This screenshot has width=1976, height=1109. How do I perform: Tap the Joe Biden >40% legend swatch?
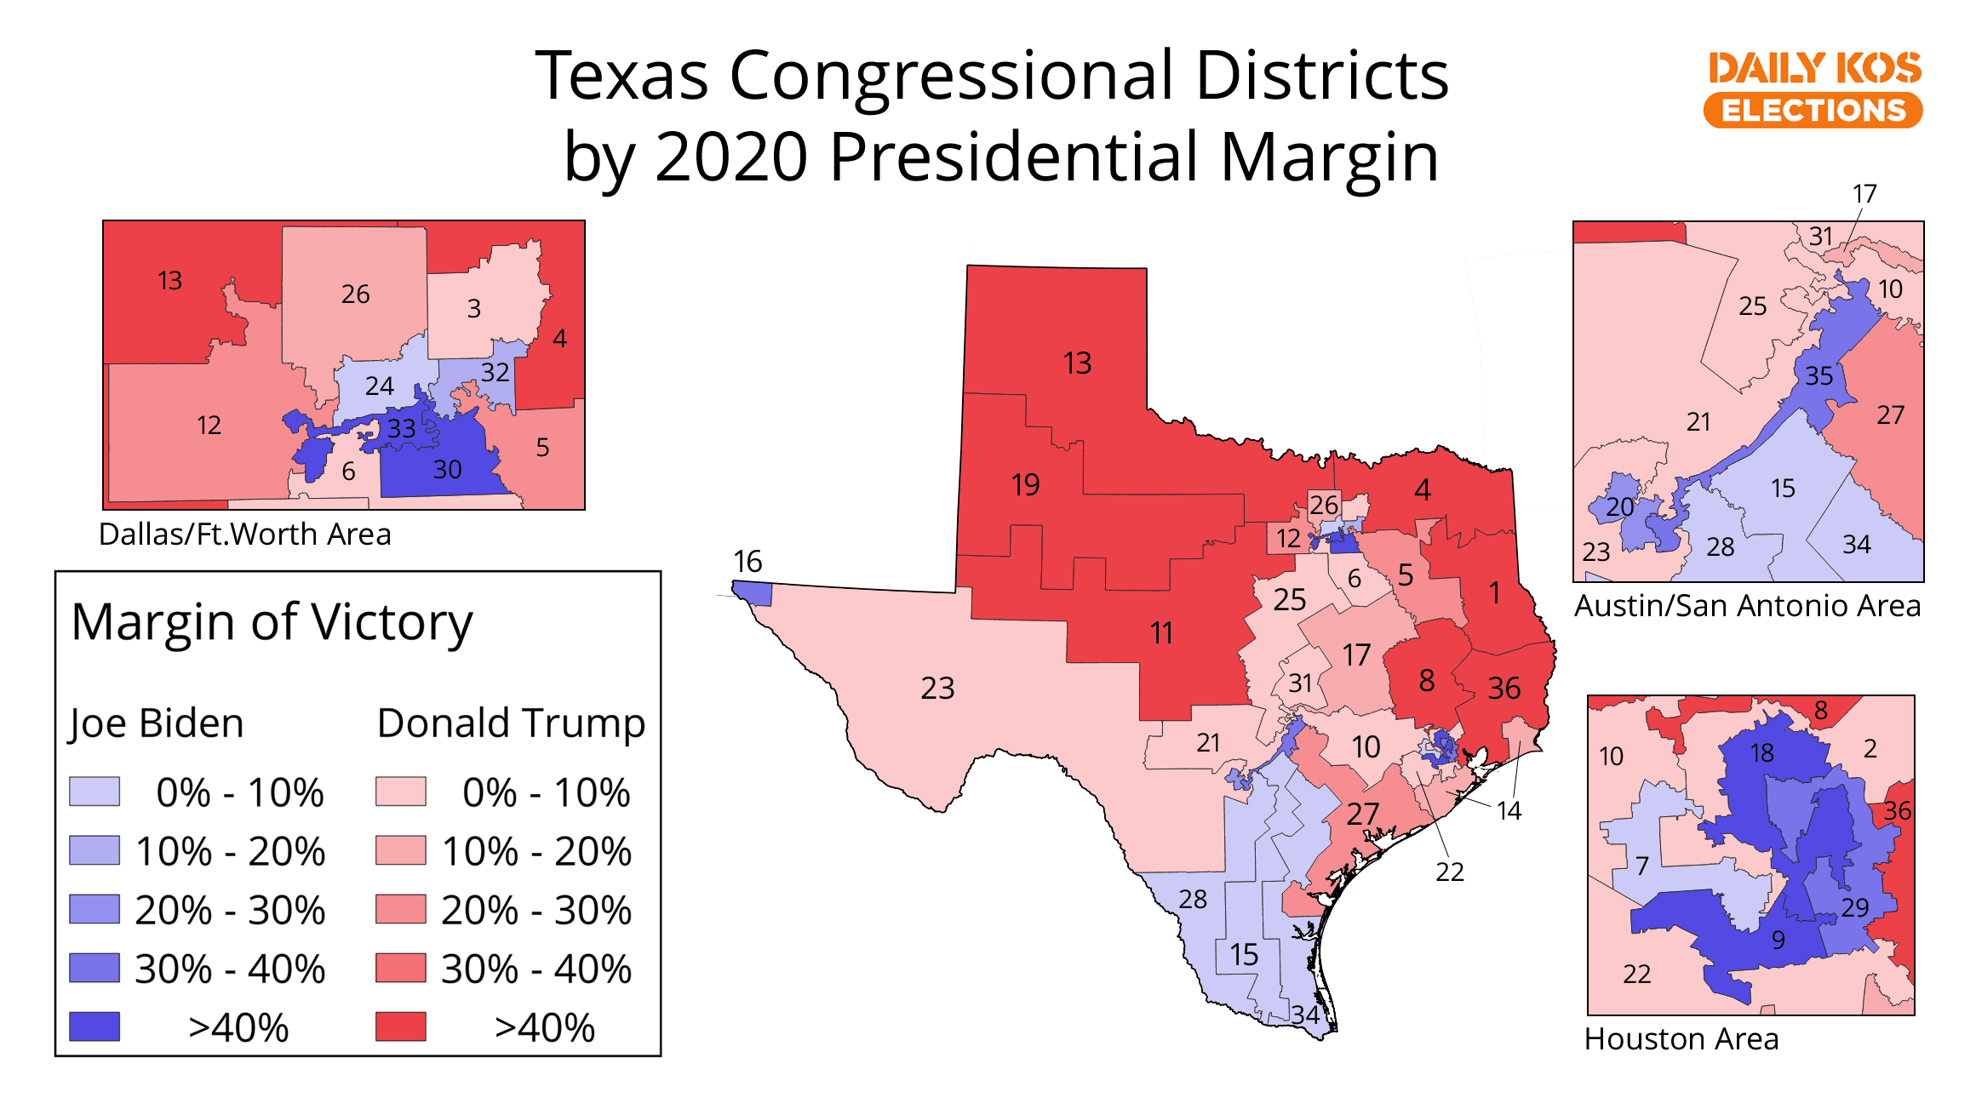point(95,1026)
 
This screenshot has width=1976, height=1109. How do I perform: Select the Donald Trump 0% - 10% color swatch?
point(401,792)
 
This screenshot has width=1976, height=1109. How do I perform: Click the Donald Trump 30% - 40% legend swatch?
point(401,968)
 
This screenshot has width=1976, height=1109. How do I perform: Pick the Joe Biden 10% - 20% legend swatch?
point(95,850)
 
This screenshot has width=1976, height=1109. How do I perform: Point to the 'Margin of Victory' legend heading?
point(272,622)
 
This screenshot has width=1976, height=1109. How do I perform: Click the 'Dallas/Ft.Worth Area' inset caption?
point(245,534)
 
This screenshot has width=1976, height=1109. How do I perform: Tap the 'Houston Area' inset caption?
point(1681,1039)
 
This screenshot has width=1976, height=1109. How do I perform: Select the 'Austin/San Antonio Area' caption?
point(1747,606)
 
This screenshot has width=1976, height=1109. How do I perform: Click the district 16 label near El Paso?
point(747,562)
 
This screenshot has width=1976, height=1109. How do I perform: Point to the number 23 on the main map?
point(937,688)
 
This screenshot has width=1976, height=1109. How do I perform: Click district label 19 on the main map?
point(1025,485)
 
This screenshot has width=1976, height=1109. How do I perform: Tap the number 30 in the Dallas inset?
point(448,469)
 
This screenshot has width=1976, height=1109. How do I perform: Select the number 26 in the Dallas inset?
point(355,294)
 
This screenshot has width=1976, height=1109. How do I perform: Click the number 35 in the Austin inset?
point(1818,375)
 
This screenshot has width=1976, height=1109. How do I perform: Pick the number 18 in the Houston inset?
point(1762,752)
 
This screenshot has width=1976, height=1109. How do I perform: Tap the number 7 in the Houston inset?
point(1642,866)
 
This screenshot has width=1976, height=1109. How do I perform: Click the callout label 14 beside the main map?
point(1509,811)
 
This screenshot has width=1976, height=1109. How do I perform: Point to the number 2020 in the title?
point(731,157)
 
